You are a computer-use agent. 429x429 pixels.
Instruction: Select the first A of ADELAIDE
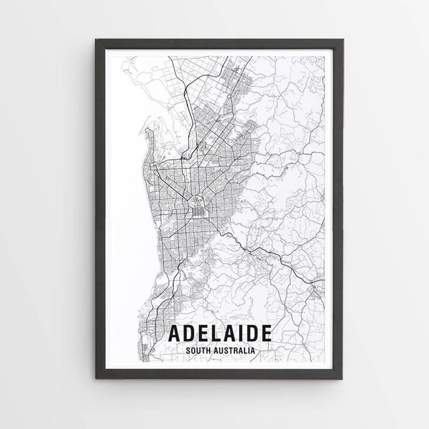pyautogui.click(x=175, y=334)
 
